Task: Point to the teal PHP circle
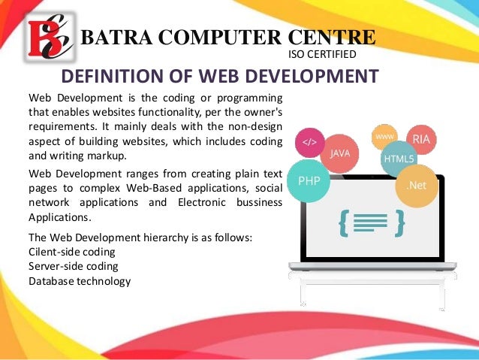pos(309,181)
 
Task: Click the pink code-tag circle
pos(309,142)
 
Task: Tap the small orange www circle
pos(384,136)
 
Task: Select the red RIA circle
pos(421,140)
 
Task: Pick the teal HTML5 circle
pos(399,159)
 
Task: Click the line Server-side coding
pos(73,266)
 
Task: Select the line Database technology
pos(79,281)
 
